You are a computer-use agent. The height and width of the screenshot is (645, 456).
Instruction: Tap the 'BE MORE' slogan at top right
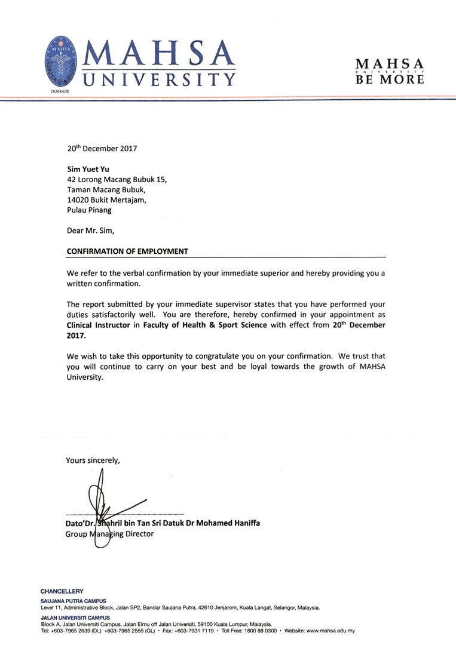[390, 79]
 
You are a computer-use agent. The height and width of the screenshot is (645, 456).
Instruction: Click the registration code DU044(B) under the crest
[59, 91]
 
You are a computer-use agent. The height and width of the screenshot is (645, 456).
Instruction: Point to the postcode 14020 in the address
[78, 200]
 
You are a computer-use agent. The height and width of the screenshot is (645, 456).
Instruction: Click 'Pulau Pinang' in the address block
[89, 210]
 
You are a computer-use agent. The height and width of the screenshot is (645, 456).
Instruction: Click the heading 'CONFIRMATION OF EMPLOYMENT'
[127, 251]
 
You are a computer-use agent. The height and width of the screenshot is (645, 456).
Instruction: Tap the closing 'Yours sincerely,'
[93, 460]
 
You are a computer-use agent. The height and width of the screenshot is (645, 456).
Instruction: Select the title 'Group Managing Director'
[109, 534]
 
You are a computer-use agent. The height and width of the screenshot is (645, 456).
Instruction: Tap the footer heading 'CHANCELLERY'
[62, 591]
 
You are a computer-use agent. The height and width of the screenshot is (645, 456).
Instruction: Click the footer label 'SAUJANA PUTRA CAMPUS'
[73, 601]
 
